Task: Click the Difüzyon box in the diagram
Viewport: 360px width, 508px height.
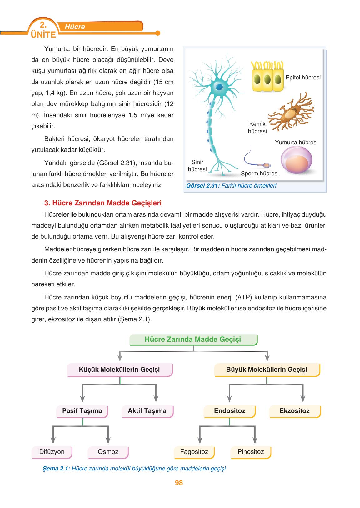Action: pyautogui.click(x=52, y=452)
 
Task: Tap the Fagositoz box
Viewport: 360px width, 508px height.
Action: pyautogui.click(x=194, y=452)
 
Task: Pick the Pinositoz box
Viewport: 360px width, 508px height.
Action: pyautogui.click(x=251, y=452)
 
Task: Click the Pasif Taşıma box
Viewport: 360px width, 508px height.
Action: pyautogui.click(x=82, y=411)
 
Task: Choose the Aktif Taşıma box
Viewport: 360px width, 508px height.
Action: pyautogui.click(x=147, y=411)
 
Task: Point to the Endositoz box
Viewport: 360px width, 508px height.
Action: pyautogui.click(x=229, y=411)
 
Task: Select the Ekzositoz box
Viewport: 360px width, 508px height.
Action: pyautogui.click(x=294, y=411)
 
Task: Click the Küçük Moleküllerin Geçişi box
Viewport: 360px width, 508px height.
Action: pyautogui.click(x=119, y=370)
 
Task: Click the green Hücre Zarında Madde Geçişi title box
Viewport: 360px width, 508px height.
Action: pyautogui.click(x=193, y=340)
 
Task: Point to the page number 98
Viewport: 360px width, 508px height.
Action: pyautogui.click(x=179, y=483)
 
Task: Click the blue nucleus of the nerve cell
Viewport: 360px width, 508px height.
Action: pyautogui.click(x=220, y=87)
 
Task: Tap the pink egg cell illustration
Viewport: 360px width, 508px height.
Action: pyautogui.click(x=296, y=160)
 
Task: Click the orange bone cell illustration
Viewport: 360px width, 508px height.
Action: pyautogui.click(x=291, y=112)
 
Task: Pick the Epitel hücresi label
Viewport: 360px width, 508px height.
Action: pyautogui.click(x=303, y=78)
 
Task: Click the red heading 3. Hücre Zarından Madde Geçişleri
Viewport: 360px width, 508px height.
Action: pyautogui.click(x=103, y=203)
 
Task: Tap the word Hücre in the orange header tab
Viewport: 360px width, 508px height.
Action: pyautogui.click(x=75, y=27)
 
